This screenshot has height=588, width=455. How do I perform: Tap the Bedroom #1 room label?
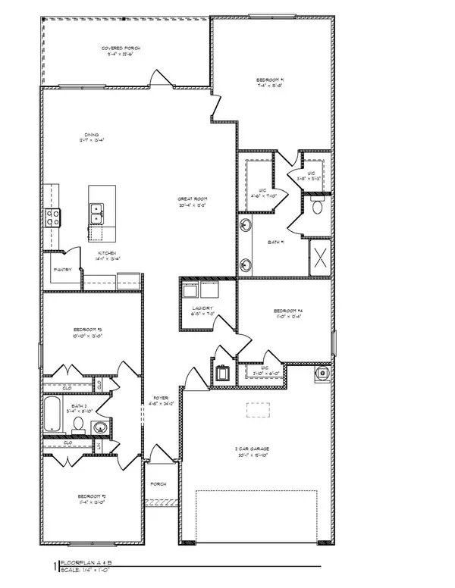(x=271, y=79)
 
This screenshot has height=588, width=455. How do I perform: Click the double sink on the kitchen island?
(x=97, y=213)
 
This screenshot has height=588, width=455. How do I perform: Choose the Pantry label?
(x=61, y=269)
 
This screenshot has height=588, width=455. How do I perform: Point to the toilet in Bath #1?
(x=318, y=205)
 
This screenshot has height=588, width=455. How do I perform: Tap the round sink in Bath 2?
(x=99, y=427)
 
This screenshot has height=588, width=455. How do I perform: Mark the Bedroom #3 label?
(x=88, y=330)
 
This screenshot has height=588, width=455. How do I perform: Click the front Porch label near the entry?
(x=158, y=483)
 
